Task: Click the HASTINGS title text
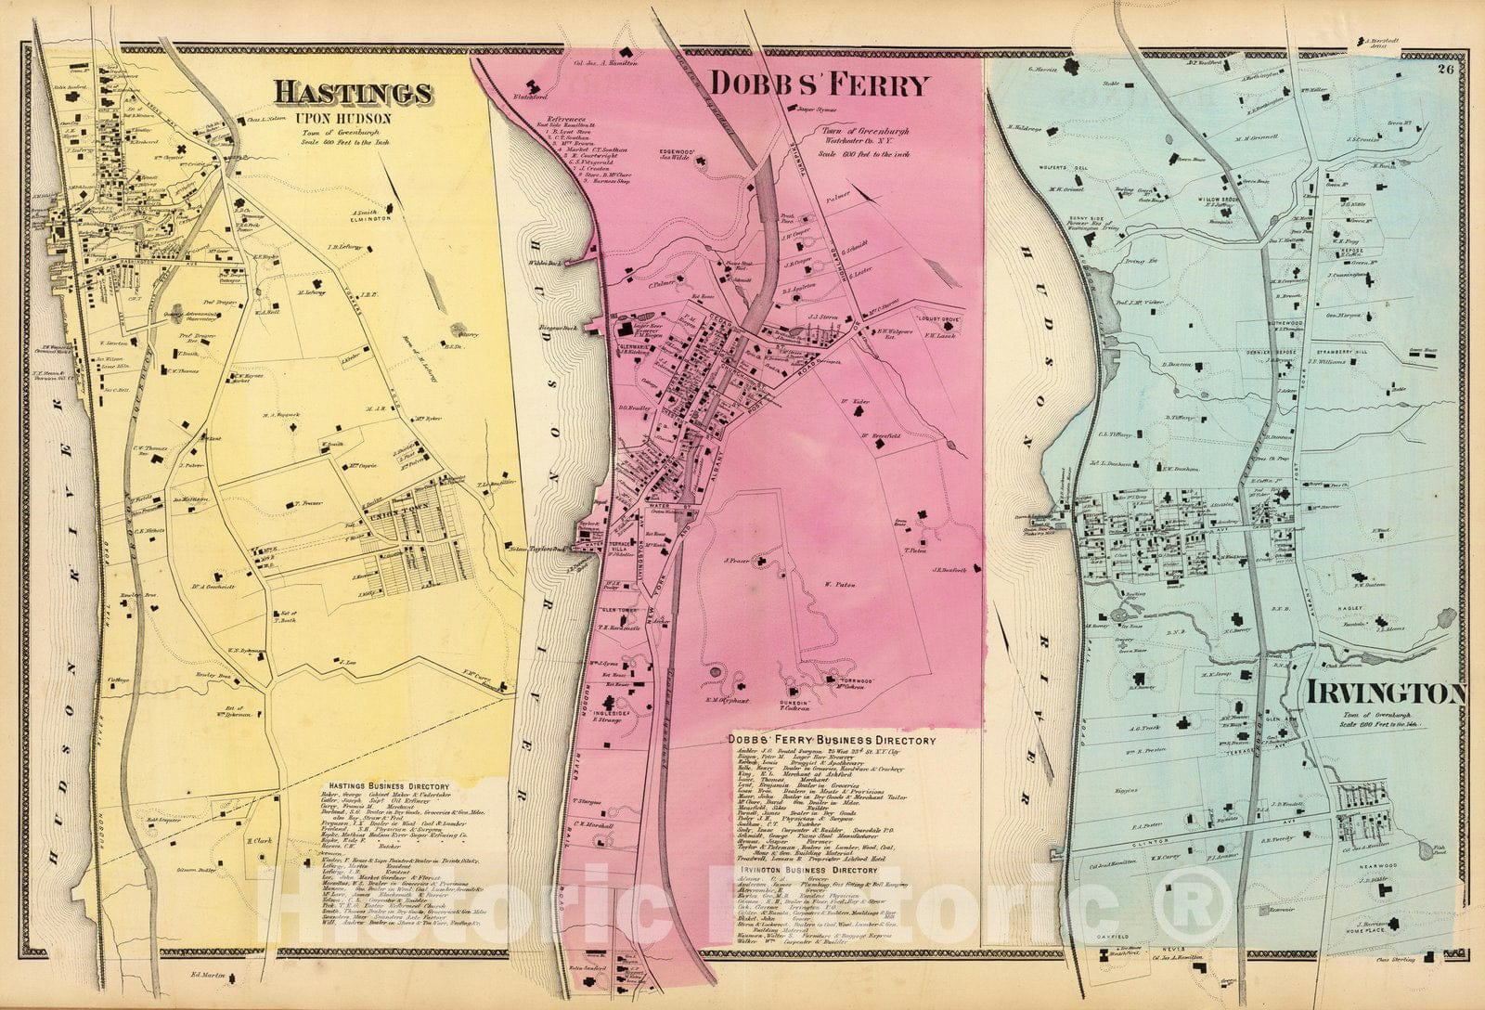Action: (352, 93)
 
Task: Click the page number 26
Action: (1446, 67)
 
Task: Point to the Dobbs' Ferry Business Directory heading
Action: (831, 740)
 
